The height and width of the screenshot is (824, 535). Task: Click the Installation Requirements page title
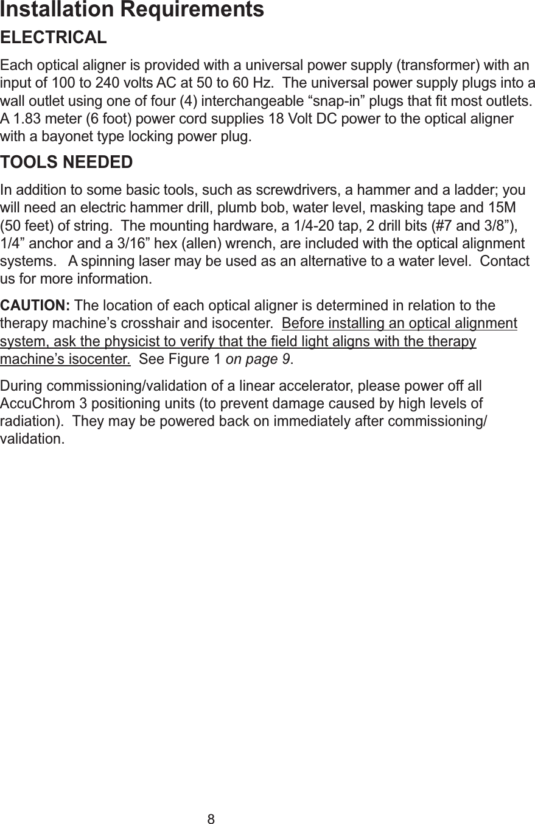tap(132, 10)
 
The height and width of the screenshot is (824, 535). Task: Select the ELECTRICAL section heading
tap(54, 38)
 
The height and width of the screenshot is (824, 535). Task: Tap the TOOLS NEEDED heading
tap(67, 163)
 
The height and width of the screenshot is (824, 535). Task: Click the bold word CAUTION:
tap(36, 304)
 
